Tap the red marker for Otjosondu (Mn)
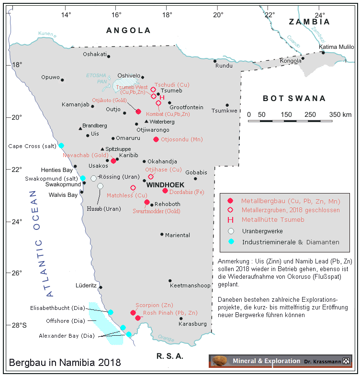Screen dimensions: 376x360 click(156, 139)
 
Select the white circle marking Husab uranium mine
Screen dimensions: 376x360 click(100, 186)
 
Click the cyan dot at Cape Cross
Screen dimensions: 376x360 click(61, 145)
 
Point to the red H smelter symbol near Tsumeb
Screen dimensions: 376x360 click(162, 98)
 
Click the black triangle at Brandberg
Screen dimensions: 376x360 click(80, 128)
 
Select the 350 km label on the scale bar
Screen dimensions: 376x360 click(341, 114)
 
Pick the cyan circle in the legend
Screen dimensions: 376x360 click(231, 241)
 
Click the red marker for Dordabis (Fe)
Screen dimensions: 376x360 click(165, 191)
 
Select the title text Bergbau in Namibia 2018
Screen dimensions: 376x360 click(65, 362)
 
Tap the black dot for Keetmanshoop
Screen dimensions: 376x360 click(170, 281)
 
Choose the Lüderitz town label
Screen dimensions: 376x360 click(86, 285)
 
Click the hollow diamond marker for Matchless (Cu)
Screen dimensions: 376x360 click(133, 187)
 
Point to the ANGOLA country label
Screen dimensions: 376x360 click(128, 31)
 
